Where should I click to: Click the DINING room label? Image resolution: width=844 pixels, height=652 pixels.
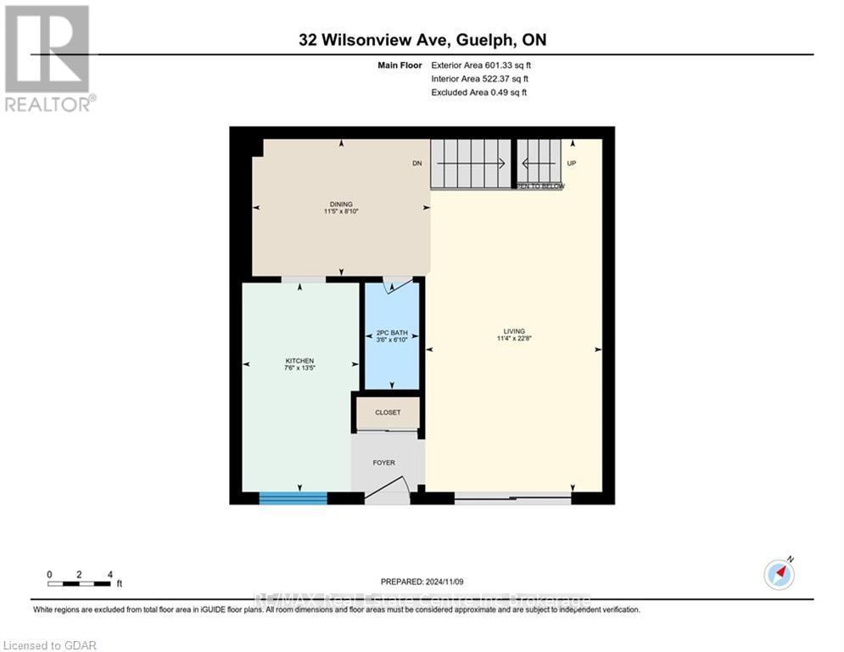pyautogui.click(x=341, y=204)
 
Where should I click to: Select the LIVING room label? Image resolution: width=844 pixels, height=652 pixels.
pyautogui.click(x=513, y=331)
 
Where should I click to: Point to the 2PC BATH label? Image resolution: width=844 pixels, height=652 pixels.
pyautogui.click(x=392, y=332)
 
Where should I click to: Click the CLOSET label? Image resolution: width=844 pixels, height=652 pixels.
pyautogui.click(x=387, y=413)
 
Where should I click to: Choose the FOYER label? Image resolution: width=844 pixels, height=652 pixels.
pyautogui.click(x=384, y=463)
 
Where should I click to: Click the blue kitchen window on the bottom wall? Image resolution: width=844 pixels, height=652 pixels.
pyautogui.click(x=293, y=498)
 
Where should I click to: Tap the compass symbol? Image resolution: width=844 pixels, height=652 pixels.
pyautogui.click(x=779, y=575)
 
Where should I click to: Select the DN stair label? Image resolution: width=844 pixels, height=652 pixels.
pyautogui.click(x=416, y=163)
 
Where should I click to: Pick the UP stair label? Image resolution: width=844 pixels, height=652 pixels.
pyautogui.click(x=571, y=163)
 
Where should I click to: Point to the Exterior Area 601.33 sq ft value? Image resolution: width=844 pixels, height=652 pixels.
pyautogui.click(x=482, y=65)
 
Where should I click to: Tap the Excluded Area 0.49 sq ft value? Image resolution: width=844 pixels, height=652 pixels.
pyautogui.click(x=479, y=92)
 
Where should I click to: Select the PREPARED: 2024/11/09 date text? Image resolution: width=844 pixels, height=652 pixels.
pyautogui.click(x=422, y=582)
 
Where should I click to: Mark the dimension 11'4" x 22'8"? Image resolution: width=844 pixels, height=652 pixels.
pyautogui.click(x=513, y=339)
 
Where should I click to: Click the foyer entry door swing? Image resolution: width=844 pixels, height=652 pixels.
pyautogui.click(x=390, y=491)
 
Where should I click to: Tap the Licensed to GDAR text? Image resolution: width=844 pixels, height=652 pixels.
pyautogui.click(x=49, y=645)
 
